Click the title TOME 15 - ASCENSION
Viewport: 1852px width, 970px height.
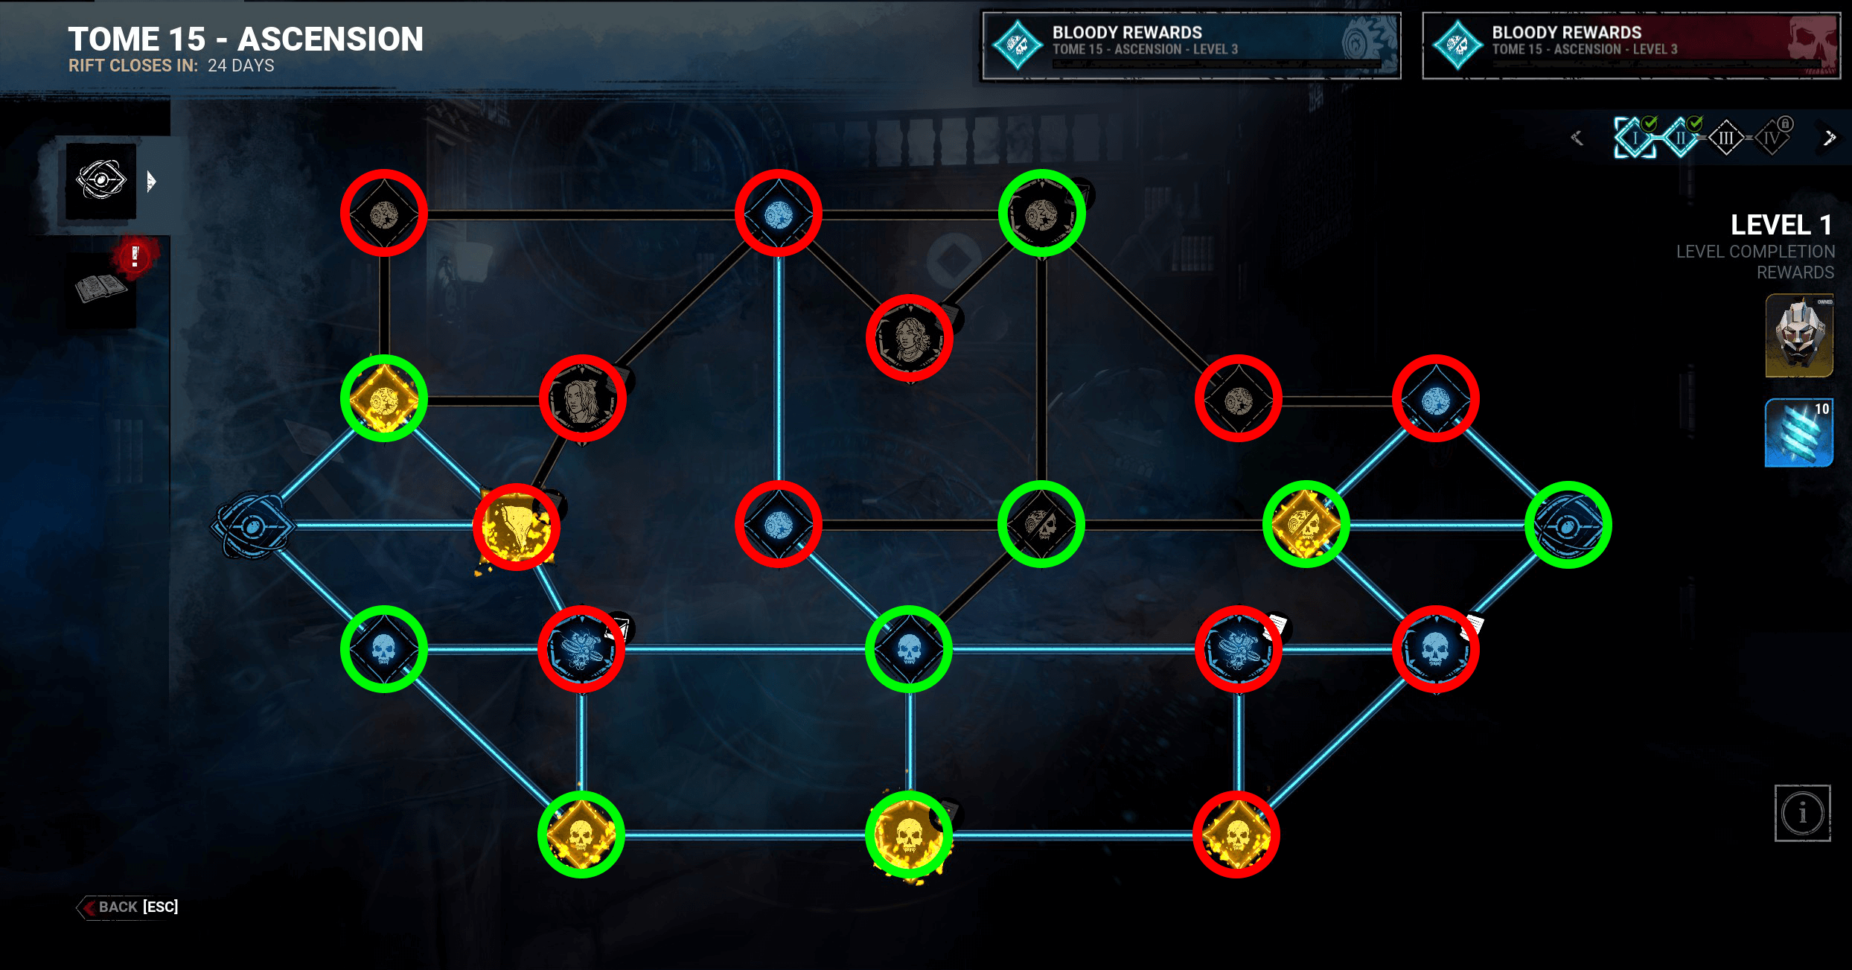(246, 39)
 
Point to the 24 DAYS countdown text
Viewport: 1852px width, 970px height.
(240, 66)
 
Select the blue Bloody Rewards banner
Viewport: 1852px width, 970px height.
(1191, 45)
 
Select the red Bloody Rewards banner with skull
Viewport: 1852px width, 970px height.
(1630, 45)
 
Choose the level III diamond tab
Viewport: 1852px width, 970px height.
(1725, 138)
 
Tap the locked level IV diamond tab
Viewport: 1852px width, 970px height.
(1772, 138)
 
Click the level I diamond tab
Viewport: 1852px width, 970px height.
(1635, 138)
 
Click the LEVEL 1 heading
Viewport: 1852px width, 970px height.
(1781, 225)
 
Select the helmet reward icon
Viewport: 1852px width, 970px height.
(1799, 335)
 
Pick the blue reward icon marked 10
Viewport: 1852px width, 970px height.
(1799, 433)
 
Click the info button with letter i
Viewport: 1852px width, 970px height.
(1802, 813)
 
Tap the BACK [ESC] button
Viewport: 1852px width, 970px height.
(128, 907)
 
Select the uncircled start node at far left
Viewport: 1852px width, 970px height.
(252, 526)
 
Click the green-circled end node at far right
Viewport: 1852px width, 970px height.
(1568, 526)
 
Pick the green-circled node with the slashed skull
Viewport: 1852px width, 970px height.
(1041, 525)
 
